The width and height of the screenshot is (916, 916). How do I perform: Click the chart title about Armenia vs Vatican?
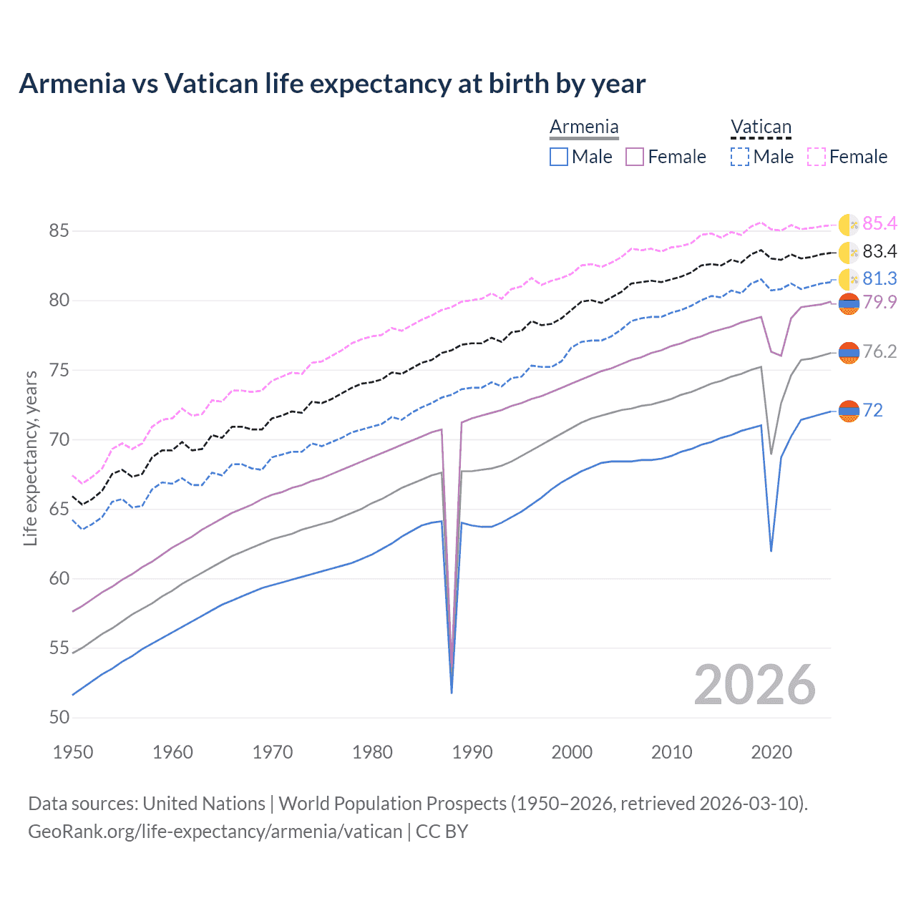click(x=332, y=84)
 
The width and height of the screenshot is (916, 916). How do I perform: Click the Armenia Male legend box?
click(x=559, y=157)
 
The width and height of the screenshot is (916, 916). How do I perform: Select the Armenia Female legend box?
click(x=635, y=157)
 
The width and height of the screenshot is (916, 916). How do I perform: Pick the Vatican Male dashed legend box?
click(x=740, y=157)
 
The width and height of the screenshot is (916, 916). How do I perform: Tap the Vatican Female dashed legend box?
click(x=817, y=157)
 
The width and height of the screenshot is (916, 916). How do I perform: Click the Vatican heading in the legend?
click(x=761, y=127)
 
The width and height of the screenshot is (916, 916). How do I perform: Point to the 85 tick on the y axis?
click(x=59, y=231)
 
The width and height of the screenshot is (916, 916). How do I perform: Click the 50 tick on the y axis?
click(x=59, y=718)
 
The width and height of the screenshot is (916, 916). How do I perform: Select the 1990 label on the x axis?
click(x=472, y=752)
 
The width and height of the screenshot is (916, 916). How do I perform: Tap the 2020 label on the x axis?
click(x=771, y=752)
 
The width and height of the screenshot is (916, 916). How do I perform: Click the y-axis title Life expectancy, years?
click(x=30, y=458)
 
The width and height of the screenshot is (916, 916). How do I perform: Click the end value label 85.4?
click(x=880, y=224)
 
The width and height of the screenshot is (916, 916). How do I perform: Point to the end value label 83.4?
click(x=880, y=251)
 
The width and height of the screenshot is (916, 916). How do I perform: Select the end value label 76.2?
click(x=880, y=351)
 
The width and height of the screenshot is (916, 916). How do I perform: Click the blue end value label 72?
click(x=872, y=410)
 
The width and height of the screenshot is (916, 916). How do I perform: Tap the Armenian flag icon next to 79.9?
click(x=849, y=303)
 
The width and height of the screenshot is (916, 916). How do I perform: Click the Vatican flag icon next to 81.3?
click(x=849, y=279)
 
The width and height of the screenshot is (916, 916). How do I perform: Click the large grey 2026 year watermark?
click(x=755, y=685)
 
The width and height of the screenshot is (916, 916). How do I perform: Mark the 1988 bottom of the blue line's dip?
click(x=452, y=692)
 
